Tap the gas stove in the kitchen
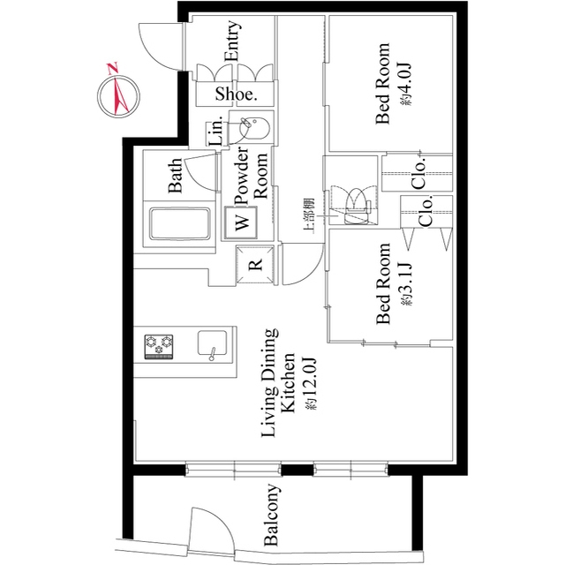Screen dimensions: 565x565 pos(159,347)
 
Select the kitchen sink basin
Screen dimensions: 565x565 pos(212,343)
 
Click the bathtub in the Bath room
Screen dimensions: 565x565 pos(180,223)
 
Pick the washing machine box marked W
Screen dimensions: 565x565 pos(241,222)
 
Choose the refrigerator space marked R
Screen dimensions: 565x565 pos(255,265)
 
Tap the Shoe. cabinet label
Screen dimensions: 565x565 pos(236,94)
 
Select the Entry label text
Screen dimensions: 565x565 pos(232,41)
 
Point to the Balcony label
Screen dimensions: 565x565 pos(272,515)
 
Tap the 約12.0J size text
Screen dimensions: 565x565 pos(311,383)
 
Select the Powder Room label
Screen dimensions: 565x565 pos(251,176)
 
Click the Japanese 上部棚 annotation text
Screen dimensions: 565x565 pos(309,215)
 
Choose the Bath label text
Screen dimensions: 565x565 pos(176,176)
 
